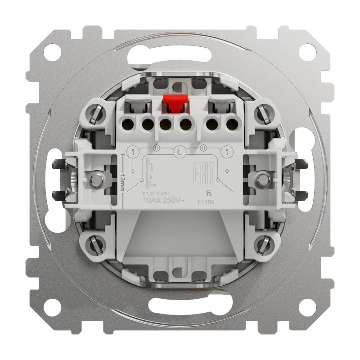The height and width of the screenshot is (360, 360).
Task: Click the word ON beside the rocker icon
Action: coord(153,185)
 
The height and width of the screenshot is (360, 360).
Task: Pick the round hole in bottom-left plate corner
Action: coord(53,311)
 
